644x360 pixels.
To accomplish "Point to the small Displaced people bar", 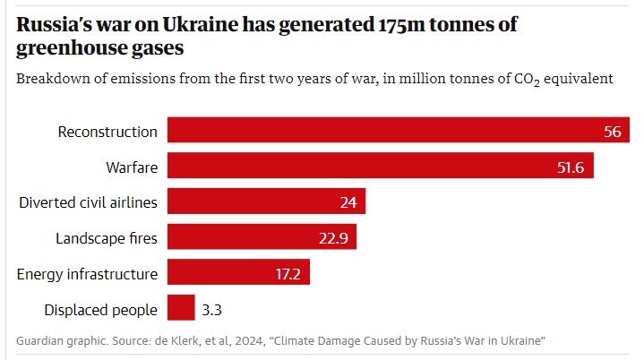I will (181, 309).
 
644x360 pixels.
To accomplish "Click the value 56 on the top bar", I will (613, 132).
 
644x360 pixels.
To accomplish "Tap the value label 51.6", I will (570, 167).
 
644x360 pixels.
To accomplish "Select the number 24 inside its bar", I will (348, 202).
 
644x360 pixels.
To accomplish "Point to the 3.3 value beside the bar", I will (212, 310).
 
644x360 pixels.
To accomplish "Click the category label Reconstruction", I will (107, 132).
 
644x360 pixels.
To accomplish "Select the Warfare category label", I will (131, 167).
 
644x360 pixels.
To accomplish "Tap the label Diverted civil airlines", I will (88, 202).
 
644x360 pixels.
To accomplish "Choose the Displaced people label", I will (100, 310).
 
